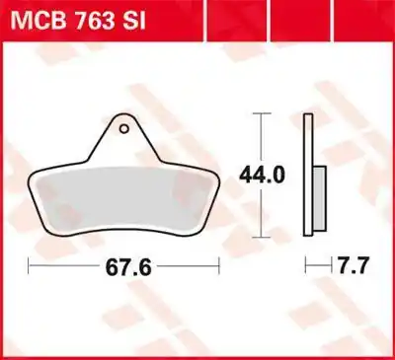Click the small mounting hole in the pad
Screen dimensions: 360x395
[x=123, y=125]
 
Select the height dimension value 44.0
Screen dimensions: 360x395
[x=260, y=176]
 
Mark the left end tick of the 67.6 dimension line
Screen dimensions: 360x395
[x=29, y=267]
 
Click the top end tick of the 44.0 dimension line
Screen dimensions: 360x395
[x=259, y=113]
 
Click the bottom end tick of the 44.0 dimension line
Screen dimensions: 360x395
[x=259, y=238]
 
